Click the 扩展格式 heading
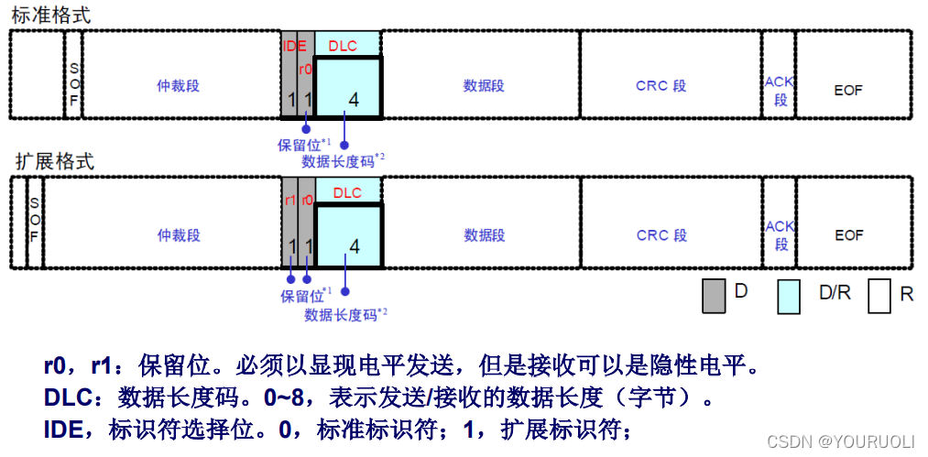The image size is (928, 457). pos(54,162)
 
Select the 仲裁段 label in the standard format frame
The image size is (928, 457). pos(178,86)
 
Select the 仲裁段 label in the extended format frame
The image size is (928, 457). pos(178,235)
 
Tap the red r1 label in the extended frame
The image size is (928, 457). pos(290,199)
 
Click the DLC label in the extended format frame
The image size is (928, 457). pos(347,193)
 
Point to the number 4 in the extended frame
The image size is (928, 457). pos(355,246)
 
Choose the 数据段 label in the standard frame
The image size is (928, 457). pos(484,86)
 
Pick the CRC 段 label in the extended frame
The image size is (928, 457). pos(661,235)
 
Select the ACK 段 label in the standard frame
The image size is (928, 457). pos(780,91)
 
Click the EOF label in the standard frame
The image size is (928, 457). pos(848,90)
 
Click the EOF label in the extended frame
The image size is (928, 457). pos(848,235)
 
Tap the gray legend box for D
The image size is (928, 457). pos(714,296)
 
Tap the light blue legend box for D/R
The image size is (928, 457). pos(789,296)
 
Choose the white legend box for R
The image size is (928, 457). pos(879,296)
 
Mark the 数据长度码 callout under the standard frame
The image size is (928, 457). pos(343,160)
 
